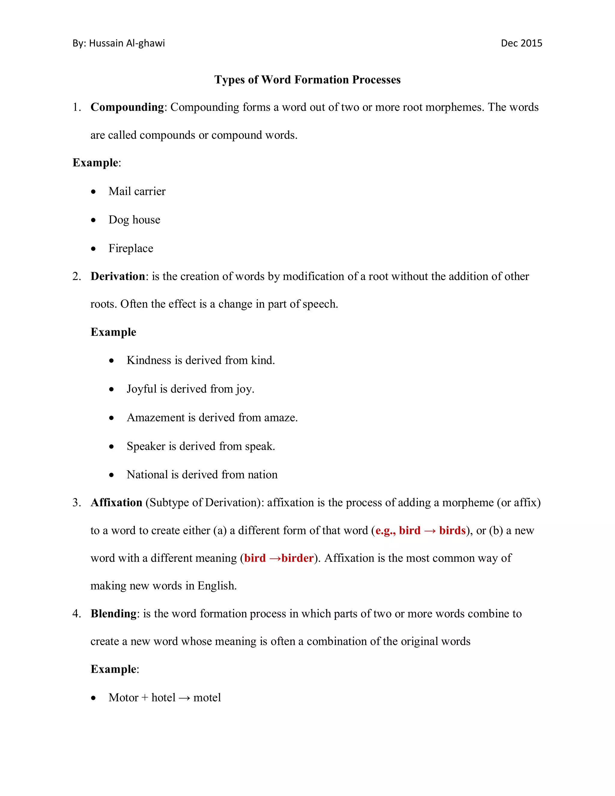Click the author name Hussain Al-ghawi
(x=127, y=43)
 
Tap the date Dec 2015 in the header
(x=521, y=43)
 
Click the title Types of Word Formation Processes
(x=307, y=80)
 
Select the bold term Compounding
(x=127, y=107)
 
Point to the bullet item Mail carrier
(x=137, y=191)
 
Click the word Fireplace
(x=131, y=249)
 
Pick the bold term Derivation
(x=118, y=276)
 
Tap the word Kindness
(x=149, y=360)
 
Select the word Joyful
(x=141, y=389)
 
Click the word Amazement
(x=156, y=418)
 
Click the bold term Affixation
(x=116, y=503)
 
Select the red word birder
(x=297, y=558)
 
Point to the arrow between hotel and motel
(x=184, y=698)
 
